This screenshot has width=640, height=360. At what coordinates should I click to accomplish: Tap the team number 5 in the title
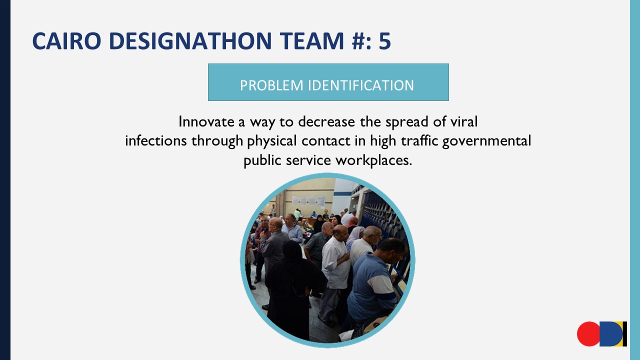pos(384,41)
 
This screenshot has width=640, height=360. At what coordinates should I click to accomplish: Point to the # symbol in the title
pos(354,41)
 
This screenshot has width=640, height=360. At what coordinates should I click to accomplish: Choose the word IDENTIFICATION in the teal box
pos(360,85)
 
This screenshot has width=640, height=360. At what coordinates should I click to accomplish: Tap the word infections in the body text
pos(156,141)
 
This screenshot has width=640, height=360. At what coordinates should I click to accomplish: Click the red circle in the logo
pos(588,334)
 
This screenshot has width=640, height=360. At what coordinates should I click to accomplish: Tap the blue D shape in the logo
pos(610,334)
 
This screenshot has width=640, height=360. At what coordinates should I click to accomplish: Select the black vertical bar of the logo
pos(625,334)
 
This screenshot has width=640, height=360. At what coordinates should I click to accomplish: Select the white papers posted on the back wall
pos(307,200)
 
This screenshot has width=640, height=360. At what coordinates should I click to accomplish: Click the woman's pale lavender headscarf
pos(355,233)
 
